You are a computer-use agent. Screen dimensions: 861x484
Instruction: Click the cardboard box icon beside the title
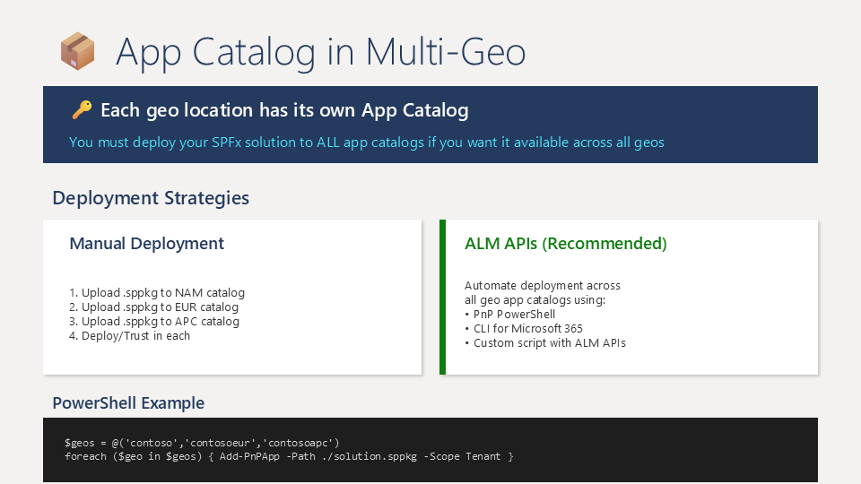click(x=77, y=51)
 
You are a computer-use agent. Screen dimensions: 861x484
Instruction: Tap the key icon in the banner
click(x=82, y=109)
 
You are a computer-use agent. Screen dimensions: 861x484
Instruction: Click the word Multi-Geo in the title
click(x=446, y=52)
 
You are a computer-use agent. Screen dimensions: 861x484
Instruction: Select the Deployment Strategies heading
click(x=151, y=197)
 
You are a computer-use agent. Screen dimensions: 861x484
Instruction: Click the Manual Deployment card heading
click(x=146, y=243)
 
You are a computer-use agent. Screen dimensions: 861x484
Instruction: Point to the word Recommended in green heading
click(x=604, y=243)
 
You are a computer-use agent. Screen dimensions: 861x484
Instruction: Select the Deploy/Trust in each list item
click(x=129, y=336)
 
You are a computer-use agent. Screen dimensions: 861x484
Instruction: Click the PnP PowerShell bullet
click(x=510, y=315)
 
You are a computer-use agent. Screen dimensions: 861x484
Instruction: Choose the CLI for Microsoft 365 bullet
click(x=524, y=329)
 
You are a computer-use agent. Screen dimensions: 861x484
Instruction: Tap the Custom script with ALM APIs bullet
click(x=545, y=343)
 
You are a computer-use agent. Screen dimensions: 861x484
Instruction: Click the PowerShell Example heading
click(x=128, y=402)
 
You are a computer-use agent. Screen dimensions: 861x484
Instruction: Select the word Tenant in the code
click(x=483, y=456)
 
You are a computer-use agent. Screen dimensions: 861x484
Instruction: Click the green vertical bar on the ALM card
click(x=442, y=298)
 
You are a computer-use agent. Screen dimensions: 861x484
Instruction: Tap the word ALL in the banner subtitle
click(x=328, y=143)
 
